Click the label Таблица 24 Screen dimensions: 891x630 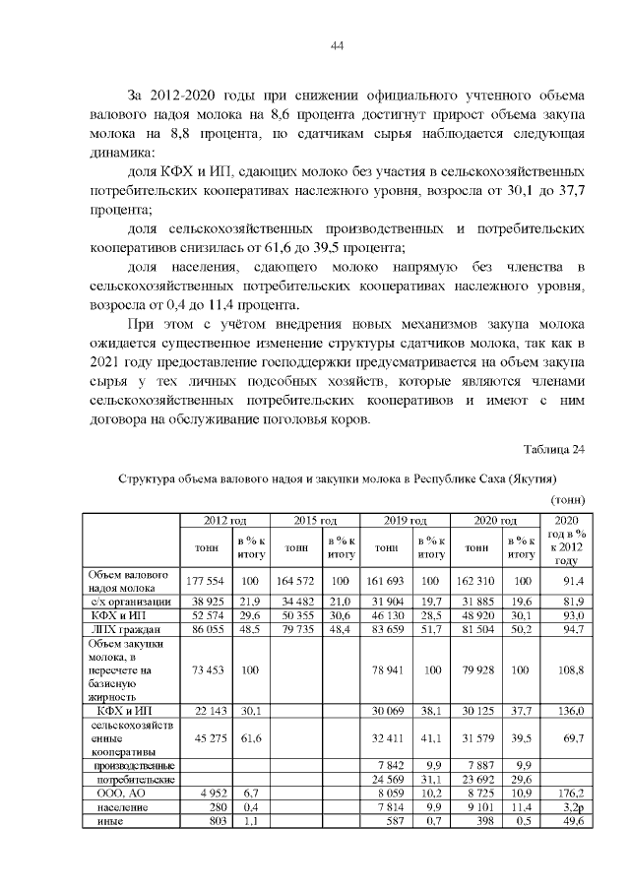554,450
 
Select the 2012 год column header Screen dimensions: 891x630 223,520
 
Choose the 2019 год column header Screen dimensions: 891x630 404,520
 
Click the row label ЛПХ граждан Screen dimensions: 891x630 131,628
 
